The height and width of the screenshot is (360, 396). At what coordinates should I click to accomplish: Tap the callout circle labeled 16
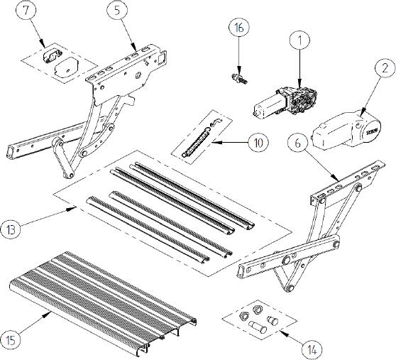[x=238, y=29]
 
